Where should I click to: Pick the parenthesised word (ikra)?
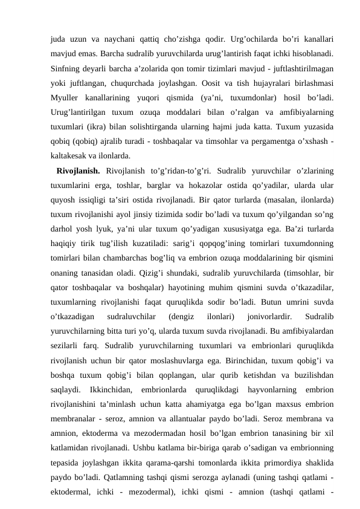93,126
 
